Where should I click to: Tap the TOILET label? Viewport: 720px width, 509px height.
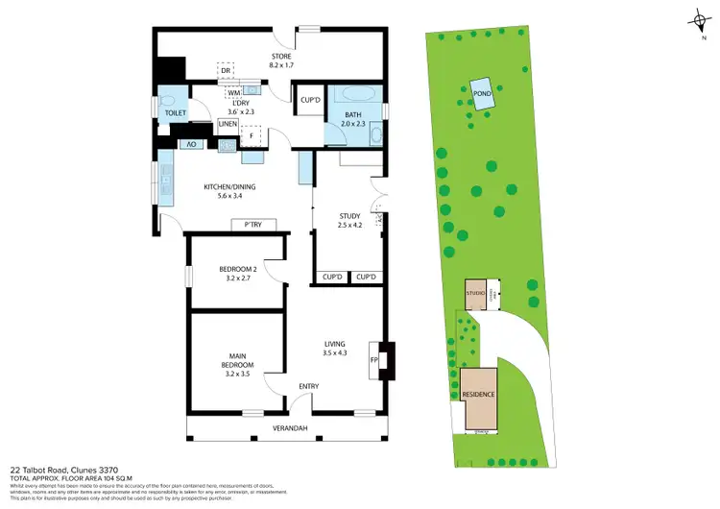pos(174,112)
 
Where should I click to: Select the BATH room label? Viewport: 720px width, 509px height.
pos(352,116)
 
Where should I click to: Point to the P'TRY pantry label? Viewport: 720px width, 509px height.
pos(253,225)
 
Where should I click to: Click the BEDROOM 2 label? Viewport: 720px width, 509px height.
pos(235,268)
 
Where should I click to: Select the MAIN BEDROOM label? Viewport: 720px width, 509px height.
pos(236,360)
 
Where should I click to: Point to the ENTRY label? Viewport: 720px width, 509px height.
pos(308,386)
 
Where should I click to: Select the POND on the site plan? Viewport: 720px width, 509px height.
pos(481,93)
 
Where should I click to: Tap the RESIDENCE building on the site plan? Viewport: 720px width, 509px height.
pos(478,395)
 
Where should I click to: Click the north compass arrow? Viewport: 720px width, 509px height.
pos(696,20)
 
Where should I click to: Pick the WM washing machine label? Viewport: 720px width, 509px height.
pos(233,92)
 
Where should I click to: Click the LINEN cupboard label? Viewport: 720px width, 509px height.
pos(228,124)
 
